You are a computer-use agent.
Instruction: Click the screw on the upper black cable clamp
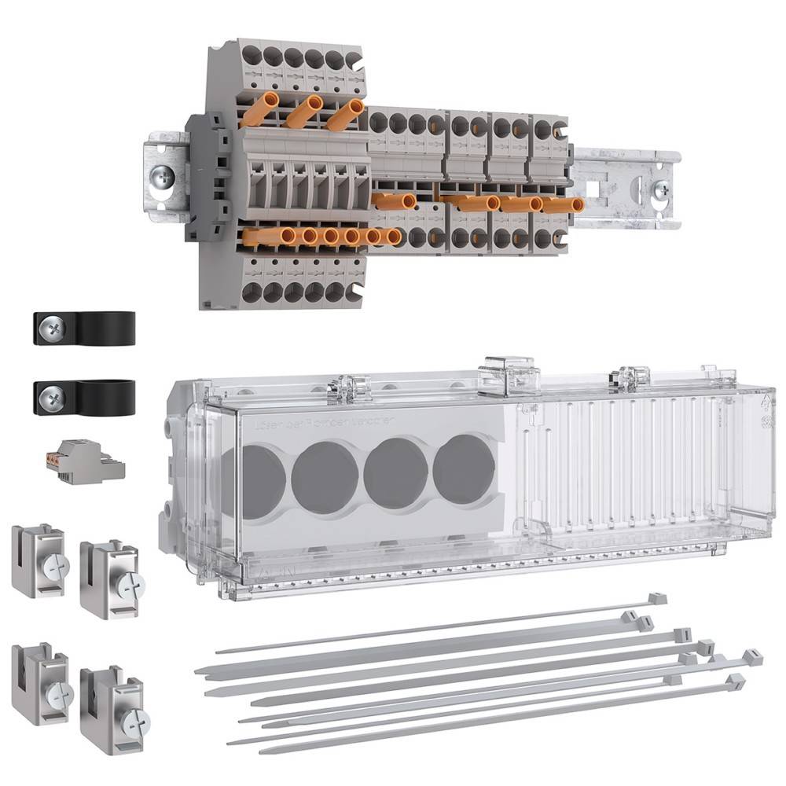pos(52,329)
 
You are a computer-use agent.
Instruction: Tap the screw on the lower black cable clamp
pos(52,398)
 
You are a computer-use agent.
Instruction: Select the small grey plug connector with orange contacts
pos(84,461)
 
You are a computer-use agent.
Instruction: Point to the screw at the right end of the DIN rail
pos(662,189)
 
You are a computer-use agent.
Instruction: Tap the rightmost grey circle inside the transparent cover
pos(465,469)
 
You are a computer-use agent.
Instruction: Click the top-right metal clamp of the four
pos(111,578)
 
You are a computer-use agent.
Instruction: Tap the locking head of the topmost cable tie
pos(657,599)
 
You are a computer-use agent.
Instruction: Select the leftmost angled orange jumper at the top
pos(259,110)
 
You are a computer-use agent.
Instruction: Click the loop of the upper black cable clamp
pos(107,328)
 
